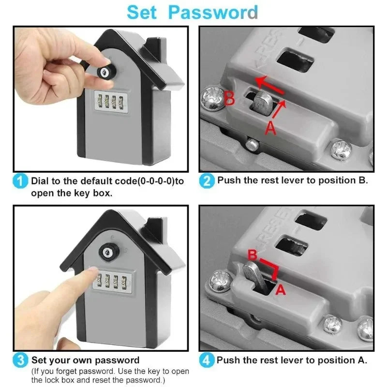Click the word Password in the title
[213, 12]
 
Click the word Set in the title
[143, 12]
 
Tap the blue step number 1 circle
[20, 182]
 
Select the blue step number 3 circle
[20, 361]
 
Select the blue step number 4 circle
[206, 361]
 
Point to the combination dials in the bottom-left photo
[112, 283]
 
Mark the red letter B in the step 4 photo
[252, 254]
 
